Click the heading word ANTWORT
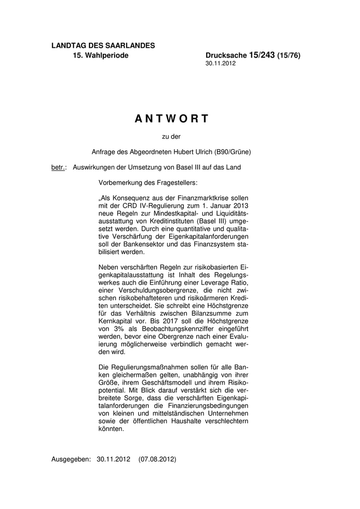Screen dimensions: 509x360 pos(172,119)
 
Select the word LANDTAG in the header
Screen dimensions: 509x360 pos(68,46)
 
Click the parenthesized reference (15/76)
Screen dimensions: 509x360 pos(289,55)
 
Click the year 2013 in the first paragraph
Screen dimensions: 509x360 pos(239,206)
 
